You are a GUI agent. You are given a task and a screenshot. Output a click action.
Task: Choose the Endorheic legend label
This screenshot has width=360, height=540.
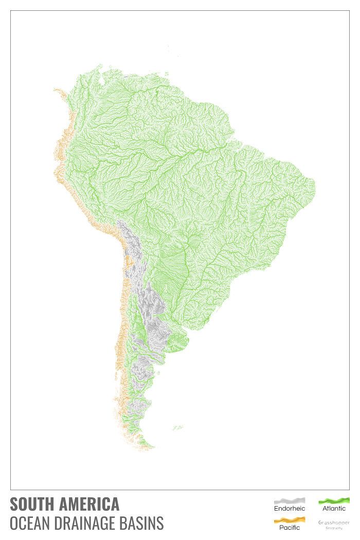pos(289,509)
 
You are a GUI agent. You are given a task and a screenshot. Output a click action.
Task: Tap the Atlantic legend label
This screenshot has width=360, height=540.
pos(334,509)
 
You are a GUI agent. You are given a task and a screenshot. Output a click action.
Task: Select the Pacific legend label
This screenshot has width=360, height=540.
pos(289,528)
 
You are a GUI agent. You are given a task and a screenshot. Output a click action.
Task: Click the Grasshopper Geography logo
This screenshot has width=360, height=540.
pos(334,524)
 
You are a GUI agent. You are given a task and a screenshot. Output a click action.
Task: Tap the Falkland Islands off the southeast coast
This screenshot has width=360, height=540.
pos(178,427)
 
